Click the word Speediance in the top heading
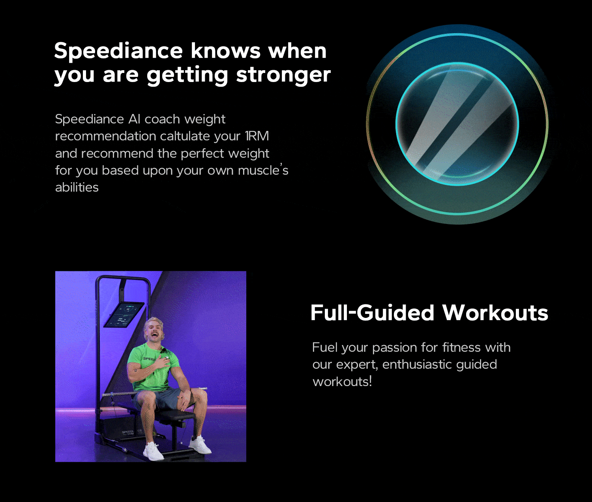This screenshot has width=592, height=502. tap(118, 50)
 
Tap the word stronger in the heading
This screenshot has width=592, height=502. tap(283, 75)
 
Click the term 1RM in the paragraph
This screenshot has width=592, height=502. tap(257, 136)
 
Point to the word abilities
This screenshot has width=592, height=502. tap(77, 187)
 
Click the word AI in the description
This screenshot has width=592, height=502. tap(134, 119)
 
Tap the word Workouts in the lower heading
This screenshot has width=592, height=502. tap(495, 313)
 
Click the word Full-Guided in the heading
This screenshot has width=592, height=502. tap(372, 313)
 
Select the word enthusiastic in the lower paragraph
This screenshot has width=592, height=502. tap(417, 365)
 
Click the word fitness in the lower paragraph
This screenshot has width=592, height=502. tap(461, 347)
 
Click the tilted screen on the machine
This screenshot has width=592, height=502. tap(124, 314)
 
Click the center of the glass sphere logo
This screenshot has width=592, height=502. tap(457, 124)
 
